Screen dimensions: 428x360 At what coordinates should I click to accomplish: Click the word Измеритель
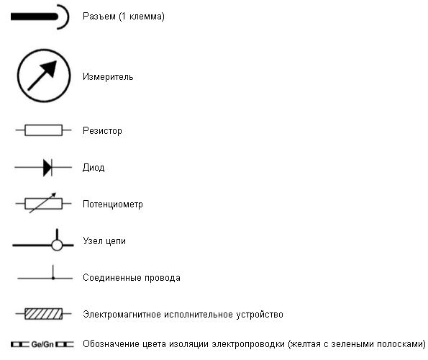[108, 77]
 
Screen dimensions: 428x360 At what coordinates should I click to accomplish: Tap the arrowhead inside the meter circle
[50, 68]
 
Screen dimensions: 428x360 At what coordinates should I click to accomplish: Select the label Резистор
[102, 131]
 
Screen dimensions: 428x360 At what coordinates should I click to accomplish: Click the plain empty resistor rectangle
[43, 130]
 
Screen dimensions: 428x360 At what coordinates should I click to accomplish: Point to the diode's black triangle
[47, 168]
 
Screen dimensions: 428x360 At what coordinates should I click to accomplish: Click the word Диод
[94, 167]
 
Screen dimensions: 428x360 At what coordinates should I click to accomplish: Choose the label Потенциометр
[113, 204]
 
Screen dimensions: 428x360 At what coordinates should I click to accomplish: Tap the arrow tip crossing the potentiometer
[55, 194]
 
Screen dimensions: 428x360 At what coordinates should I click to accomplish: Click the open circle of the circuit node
[57, 245]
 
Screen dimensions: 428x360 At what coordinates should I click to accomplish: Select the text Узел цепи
[104, 241]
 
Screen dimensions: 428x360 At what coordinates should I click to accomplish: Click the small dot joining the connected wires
[53, 278]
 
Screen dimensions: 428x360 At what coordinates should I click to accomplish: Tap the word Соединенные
[112, 277]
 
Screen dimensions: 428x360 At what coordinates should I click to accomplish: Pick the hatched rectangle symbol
[43, 314]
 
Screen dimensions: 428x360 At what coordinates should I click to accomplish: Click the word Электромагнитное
[122, 315]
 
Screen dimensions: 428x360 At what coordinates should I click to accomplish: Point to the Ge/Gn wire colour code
[42, 344]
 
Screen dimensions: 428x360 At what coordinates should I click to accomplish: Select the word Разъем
[99, 17]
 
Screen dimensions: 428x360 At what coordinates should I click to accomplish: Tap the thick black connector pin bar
[35, 17]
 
